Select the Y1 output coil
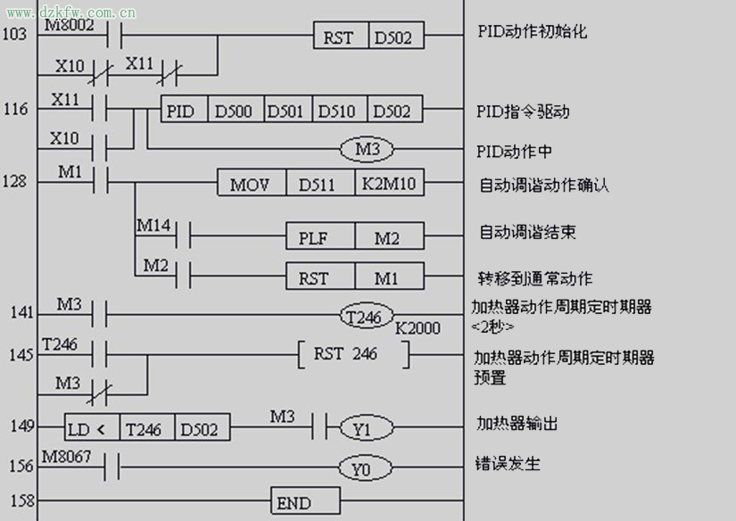[360, 428]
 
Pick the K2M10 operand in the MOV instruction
[389, 184]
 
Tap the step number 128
[14, 181]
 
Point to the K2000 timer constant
[418, 328]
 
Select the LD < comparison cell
[92, 428]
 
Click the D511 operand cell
[318, 184]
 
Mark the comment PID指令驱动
[524, 112]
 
